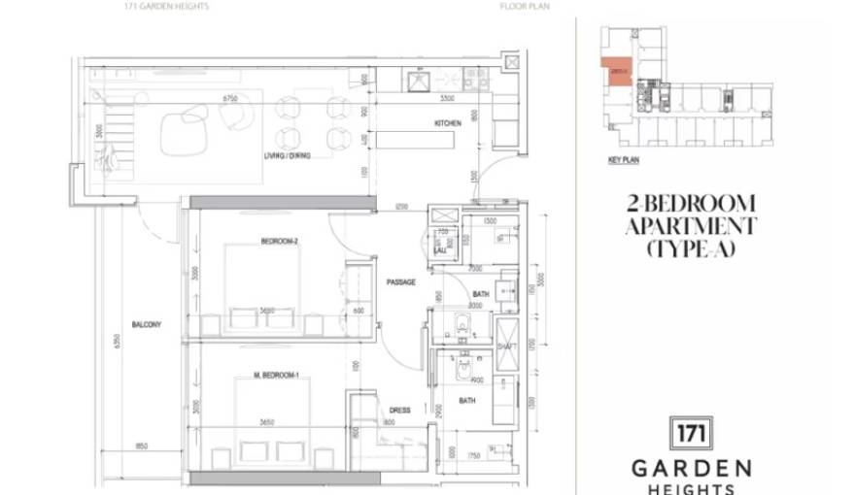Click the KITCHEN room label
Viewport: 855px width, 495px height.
click(x=447, y=123)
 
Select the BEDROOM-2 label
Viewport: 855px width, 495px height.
click(x=279, y=241)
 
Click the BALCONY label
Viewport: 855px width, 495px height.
click(x=146, y=324)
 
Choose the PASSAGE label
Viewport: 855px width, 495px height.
click(x=400, y=282)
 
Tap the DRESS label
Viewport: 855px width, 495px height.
click(x=399, y=411)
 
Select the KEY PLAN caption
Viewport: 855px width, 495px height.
click(x=623, y=160)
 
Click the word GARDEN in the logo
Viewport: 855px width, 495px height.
click(x=691, y=467)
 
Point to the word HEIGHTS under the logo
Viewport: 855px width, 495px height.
click(x=691, y=488)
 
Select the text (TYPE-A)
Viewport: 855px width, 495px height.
click(x=691, y=249)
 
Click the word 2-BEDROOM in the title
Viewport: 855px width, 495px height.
click(x=691, y=203)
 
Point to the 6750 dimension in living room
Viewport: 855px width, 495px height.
click(x=230, y=99)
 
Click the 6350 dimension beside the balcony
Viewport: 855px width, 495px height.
click(x=116, y=340)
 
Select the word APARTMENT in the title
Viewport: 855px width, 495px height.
click(x=691, y=226)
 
